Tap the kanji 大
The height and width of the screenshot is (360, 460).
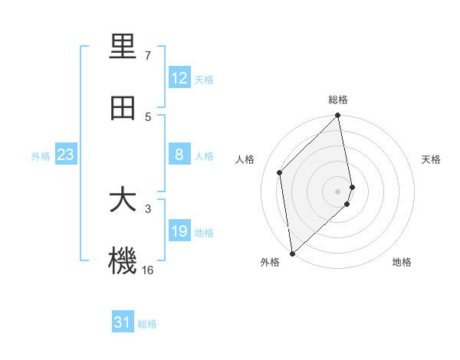coord(123,201)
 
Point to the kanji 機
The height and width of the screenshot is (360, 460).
coord(123,261)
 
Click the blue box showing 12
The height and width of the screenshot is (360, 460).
coord(179,78)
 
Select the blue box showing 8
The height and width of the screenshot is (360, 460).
coord(179,155)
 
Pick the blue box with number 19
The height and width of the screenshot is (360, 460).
coord(179,231)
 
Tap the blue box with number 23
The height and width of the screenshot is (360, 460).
coord(65,155)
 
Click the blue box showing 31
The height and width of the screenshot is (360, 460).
coord(123,322)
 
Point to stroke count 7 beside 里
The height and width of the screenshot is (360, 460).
coord(148,56)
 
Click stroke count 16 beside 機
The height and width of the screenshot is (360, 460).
coord(148,270)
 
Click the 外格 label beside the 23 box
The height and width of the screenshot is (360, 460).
coord(41,156)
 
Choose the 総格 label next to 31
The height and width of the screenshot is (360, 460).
coord(147,324)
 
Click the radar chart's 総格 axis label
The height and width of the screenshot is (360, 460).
coord(338,100)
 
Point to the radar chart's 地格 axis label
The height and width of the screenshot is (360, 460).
coord(402,262)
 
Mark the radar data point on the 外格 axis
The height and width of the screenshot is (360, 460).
coord(292,253)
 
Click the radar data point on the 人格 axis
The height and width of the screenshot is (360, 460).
coord(280,172)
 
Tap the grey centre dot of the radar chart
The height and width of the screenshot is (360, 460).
coord(338,191)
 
